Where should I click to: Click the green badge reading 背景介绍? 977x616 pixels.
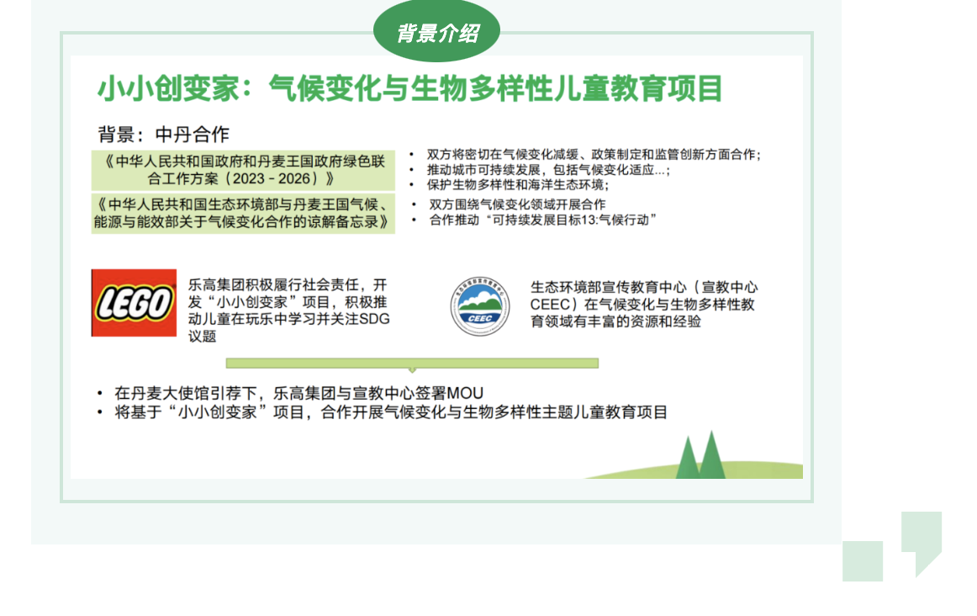437,33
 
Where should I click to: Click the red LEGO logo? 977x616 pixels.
134,303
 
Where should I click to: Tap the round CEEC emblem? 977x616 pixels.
478,305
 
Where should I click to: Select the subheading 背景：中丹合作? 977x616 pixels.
163,135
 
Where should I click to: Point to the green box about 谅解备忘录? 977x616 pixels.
243,214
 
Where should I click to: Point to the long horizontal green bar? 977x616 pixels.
412,364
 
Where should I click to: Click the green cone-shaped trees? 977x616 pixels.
700,457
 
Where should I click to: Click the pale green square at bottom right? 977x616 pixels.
863,560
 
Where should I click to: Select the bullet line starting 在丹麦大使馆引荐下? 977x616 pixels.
298,393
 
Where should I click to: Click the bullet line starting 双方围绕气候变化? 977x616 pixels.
517,204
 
